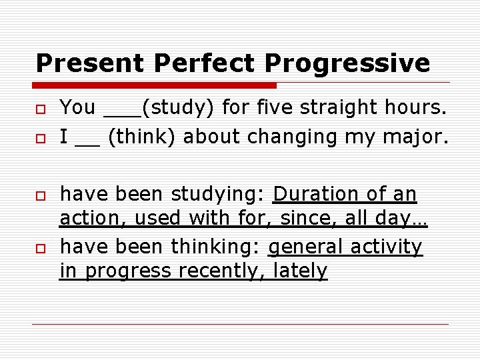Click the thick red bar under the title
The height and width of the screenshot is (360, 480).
[156, 85]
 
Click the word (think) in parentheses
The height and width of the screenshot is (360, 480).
[141, 137]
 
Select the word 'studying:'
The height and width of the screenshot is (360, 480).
[219, 195]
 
